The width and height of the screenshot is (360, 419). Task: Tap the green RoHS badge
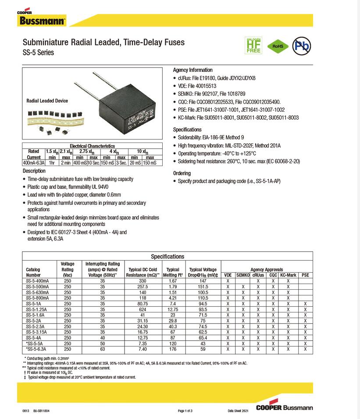(x=278, y=45)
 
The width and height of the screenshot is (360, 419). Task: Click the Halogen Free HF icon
(x=253, y=45)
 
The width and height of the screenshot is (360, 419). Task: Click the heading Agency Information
(x=192, y=70)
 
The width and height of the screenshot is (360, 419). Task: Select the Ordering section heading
(x=182, y=173)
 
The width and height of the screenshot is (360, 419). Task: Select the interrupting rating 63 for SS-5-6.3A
(x=102, y=349)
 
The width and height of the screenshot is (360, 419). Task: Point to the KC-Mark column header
(x=288, y=275)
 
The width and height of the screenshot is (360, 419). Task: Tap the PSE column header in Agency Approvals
(x=305, y=275)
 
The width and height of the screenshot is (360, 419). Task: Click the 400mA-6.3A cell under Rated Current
(x=33, y=163)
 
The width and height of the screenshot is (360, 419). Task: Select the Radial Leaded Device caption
(x=47, y=101)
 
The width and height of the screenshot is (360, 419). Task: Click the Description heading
(x=34, y=171)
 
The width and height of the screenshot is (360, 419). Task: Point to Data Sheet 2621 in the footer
(x=238, y=411)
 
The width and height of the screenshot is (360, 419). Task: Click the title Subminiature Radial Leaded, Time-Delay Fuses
(x=103, y=43)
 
